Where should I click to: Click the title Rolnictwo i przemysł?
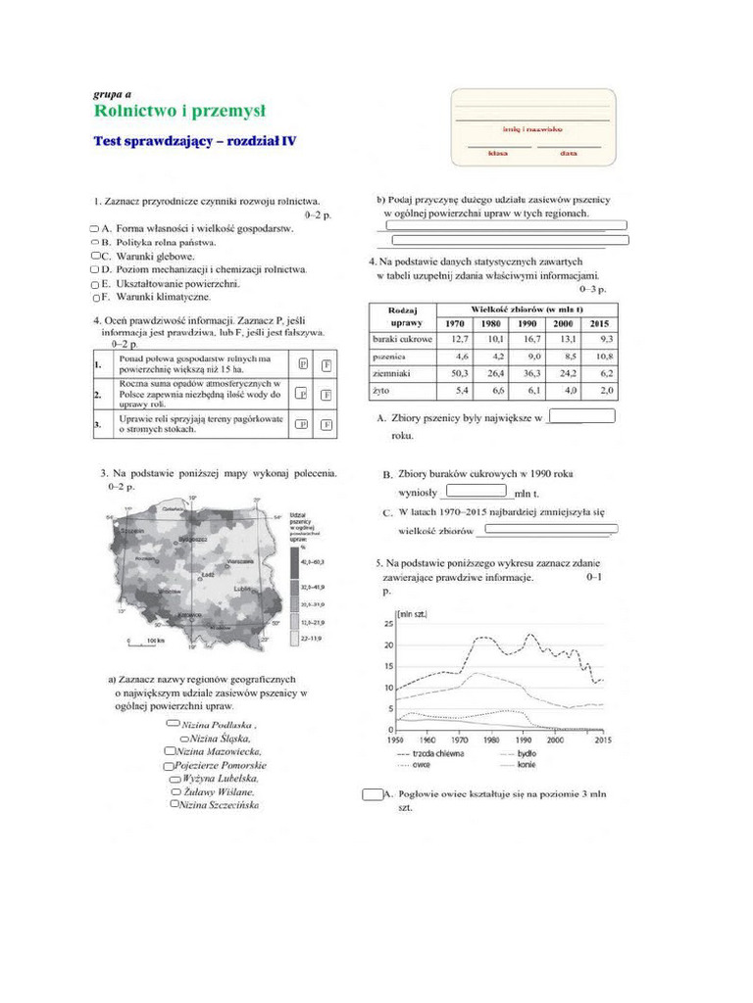pyautogui.click(x=178, y=111)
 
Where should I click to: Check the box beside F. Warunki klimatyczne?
pyautogui.click(x=96, y=297)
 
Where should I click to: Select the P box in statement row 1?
pyautogui.click(x=303, y=365)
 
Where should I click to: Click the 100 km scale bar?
pyautogui.click(x=144, y=640)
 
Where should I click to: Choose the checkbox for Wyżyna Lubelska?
pyautogui.click(x=176, y=778)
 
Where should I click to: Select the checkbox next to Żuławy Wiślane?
pyautogui.click(x=176, y=790)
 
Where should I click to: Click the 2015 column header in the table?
pyautogui.click(x=600, y=323)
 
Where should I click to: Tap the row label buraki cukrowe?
pyautogui.click(x=402, y=339)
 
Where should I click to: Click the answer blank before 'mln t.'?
pyautogui.click(x=476, y=491)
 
